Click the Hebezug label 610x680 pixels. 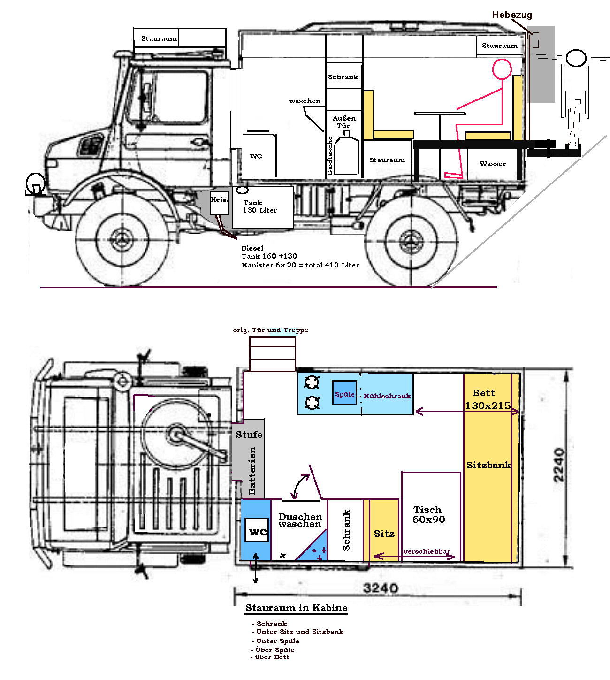tap(511, 15)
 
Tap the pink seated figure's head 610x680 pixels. tap(502, 69)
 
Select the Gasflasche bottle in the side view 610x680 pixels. tap(347, 153)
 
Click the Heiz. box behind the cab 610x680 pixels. tap(219, 203)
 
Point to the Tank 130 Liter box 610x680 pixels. tap(263, 207)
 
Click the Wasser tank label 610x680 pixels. tap(493, 164)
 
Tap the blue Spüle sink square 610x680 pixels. tap(344, 392)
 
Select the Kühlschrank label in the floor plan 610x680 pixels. tap(387, 396)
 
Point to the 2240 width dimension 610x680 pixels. tap(559, 465)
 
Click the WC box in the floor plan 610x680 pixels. tap(257, 530)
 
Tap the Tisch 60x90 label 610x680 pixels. tap(428, 514)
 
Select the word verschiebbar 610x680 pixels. tap(427, 551)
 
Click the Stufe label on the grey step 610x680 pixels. tap(249, 435)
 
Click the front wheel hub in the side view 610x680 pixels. tap(122, 240)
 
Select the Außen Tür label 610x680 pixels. tap(344, 122)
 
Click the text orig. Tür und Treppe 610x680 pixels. tap(270, 330)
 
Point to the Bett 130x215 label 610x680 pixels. tap(488, 399)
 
